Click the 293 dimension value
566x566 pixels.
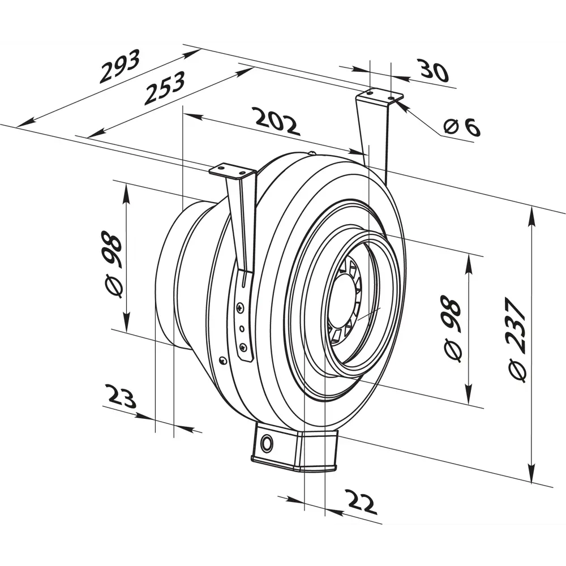(119, 66)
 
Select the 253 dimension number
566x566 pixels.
(164, 88)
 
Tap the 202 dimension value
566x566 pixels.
(277, 121)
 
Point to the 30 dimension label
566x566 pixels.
(434, 70)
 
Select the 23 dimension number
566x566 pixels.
(121, 396)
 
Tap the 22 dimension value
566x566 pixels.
(361, 501)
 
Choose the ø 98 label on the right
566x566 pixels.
(451, 328)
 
